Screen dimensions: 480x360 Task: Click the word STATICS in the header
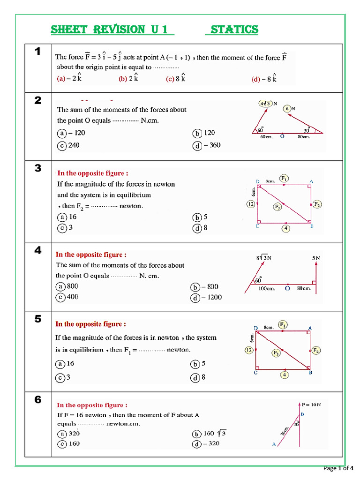click(234, 30)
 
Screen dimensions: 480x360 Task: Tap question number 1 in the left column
click(38, 52)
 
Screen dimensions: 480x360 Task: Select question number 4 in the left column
click(38, 250)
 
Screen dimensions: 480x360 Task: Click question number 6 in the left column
click(38, 400)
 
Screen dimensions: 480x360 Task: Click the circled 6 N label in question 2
click(289, 109)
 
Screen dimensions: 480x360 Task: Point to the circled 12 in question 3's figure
click(251, 204)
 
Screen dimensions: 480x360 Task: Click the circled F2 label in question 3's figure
click(317, 204)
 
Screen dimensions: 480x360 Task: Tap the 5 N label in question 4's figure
click(316, 258)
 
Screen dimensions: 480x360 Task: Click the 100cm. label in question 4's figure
click(267, 289)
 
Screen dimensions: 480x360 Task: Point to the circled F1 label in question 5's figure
click(283, 324)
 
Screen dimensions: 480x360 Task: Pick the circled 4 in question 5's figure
click(285, 375)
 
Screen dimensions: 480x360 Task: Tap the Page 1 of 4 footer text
click(338, 468)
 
